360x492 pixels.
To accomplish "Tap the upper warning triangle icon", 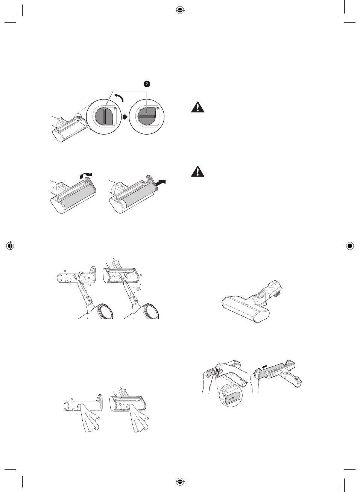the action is pyautogui.click(x=197, y=107).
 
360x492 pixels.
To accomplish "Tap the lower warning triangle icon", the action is pyautogui.click(x=197, y=172).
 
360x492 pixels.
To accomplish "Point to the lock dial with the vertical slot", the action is pyautogui.click(x=105, y=116).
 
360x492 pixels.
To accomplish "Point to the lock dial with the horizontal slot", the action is pyautogui.click(x=147, y=116).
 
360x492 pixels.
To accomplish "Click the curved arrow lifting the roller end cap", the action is pyautogui.click(x=86, y=176).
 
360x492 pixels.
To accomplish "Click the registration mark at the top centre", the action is pyautogui.click(x=180, y=10).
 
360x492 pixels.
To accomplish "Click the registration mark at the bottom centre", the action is pyautogui.click(x=180, y=481).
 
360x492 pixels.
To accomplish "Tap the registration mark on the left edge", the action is pyautogui.click(x=10, y=246).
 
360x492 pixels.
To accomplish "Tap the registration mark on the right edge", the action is pyautogui.click(x=350, y=246).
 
